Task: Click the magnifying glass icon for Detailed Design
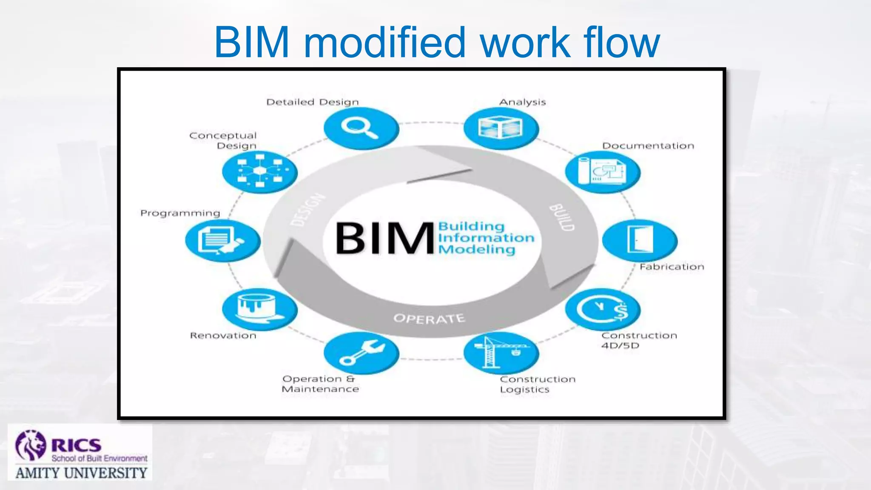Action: pyautogui.click(x=361, y=128)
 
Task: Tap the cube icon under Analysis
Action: pyautogui.click(x=501, y=128)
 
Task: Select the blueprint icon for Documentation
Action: pyautogui.click(x=602, y=172)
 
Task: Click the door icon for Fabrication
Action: pyautogui.click(x=640, y=240)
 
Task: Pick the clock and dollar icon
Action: pyautogui.click(x=603, y=309)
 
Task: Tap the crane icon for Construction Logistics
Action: pyautogui.click(x=501, y=353)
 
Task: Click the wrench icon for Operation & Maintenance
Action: pyautogui.click(x=361, y=353)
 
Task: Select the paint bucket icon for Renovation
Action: pyautogui.click(x=259, y=309)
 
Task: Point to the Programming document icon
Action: pyautogui.click(x=222, y=240)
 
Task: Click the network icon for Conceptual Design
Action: pyautogui.click(x=259, y=172)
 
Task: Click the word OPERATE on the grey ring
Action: pyautogui.click(x=429, y=318)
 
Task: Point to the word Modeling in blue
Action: pyautogui.click(x=476, y=249)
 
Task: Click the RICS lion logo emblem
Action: pyautogui.click(x=31, y=446)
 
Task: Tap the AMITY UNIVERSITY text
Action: pyautogui.click(x=81, y=473)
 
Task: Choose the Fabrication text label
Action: pyautogui.click(x=672, y=267)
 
